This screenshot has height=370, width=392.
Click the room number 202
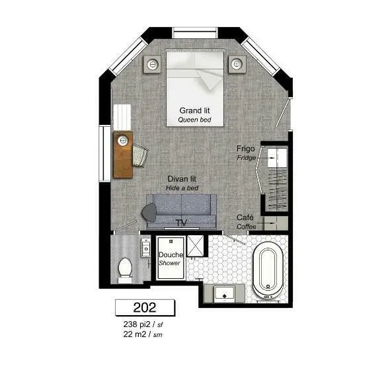tap(145, 307)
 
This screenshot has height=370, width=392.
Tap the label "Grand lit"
tap(194, 110)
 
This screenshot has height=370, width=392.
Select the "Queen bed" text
tap(194, 120)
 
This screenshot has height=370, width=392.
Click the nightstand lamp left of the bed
tap(152, 65)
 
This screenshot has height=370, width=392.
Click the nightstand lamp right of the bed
tap(237, 64)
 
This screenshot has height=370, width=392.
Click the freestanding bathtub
tap(268, 271)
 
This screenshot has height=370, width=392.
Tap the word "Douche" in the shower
tap(171, 255)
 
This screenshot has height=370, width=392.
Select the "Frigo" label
tap(245, 149)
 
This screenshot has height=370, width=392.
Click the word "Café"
tap(245, 217)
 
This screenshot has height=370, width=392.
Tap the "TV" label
tap(181, 223)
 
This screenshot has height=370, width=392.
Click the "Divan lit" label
tap(182, 179)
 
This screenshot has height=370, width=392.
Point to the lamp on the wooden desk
tap(123, 140)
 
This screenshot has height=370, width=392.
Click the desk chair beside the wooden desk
tap(140, 155)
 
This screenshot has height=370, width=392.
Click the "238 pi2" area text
tap(137, 324)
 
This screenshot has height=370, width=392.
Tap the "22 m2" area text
tap(134, 334)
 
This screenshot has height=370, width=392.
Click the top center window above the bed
tap(195, 33)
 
